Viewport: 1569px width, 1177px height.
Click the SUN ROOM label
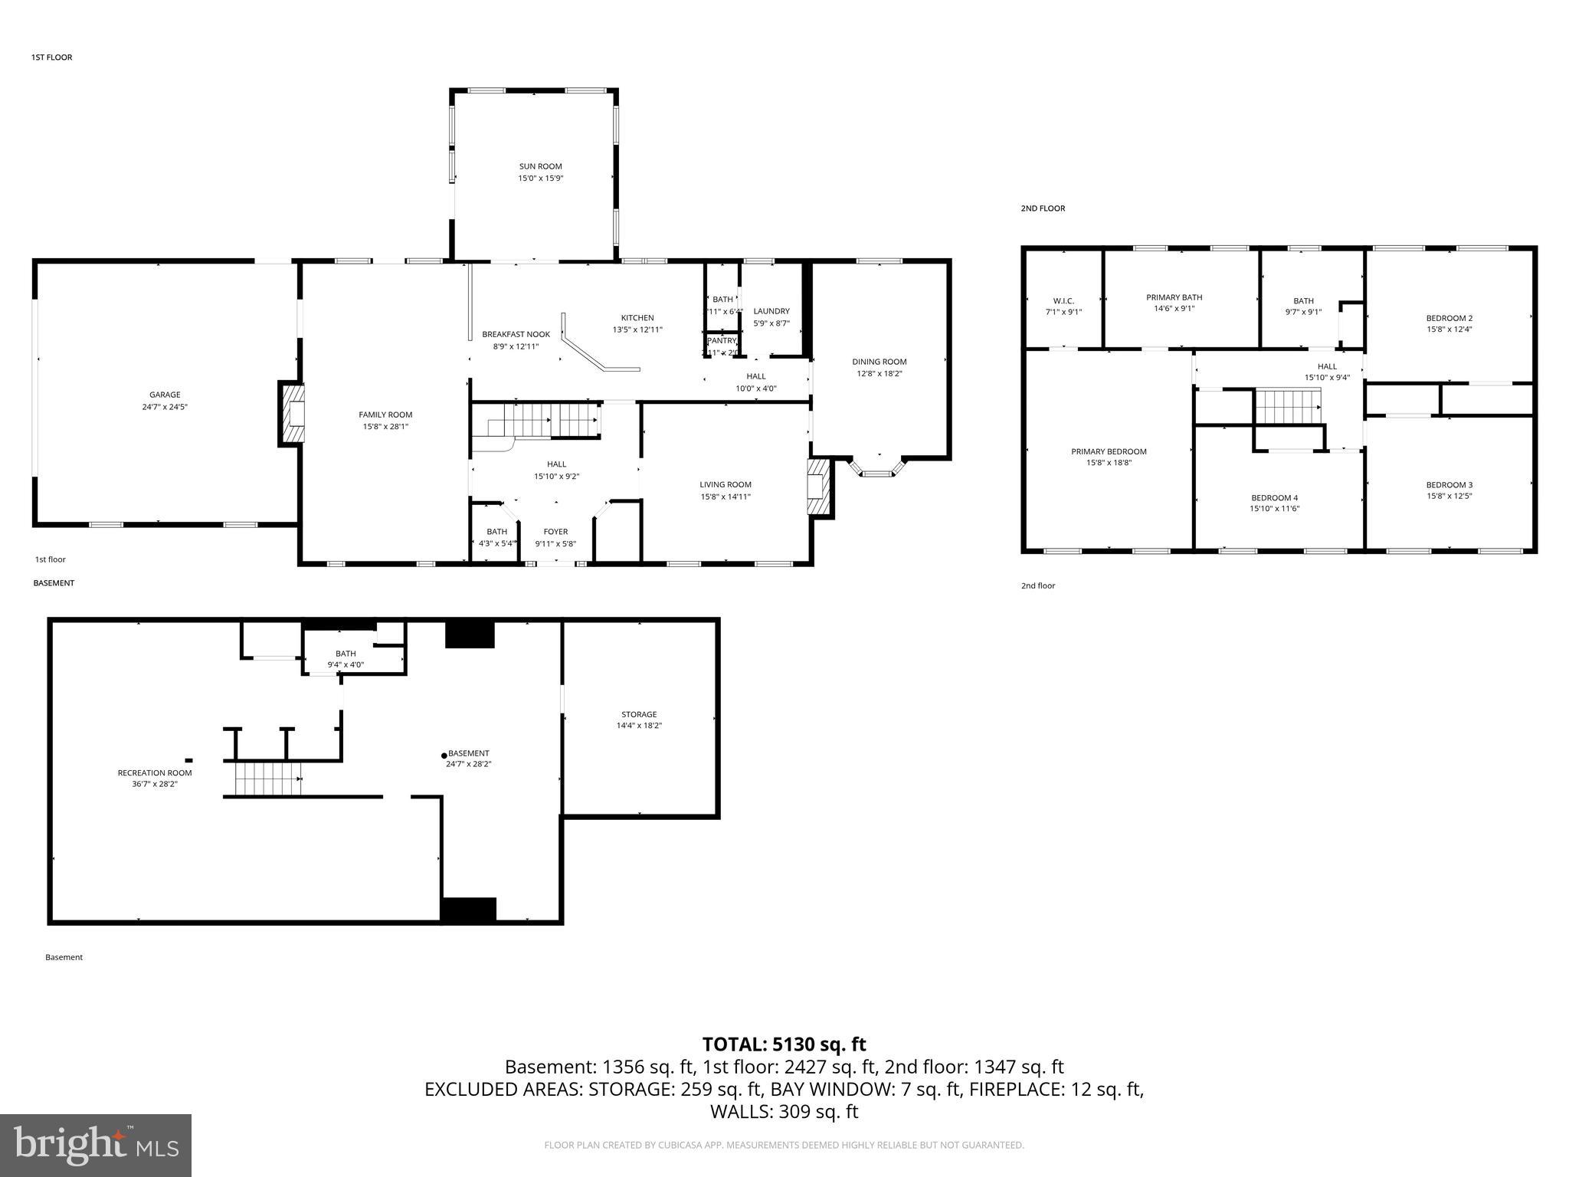click(540, 166)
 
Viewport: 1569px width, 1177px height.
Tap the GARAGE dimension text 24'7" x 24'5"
click(165, 407)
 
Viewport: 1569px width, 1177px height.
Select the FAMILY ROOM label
click(385, 415)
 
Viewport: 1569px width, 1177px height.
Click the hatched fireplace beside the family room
click(292, 415)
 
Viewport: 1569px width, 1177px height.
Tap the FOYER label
click(555, 532)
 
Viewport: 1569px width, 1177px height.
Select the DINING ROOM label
click(879, 362)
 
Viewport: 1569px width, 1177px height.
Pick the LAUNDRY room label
click(771, 311)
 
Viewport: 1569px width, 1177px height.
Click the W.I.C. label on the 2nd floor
click(1063, 301)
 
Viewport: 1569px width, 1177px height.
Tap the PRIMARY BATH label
click(1174, 297)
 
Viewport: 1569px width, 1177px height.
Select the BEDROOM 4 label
click(1274, 498)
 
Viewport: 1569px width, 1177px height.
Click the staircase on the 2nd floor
click(1287, 406)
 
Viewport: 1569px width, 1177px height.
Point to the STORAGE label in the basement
click(639, 714)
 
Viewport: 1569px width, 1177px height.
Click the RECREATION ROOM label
click(155, 772)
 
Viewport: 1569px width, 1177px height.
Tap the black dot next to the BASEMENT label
click(444, 756)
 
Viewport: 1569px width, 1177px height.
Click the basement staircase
click(268, 779)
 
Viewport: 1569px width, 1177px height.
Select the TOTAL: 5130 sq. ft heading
click(784, 1044)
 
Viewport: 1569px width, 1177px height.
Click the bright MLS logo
click(96, 1146)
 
